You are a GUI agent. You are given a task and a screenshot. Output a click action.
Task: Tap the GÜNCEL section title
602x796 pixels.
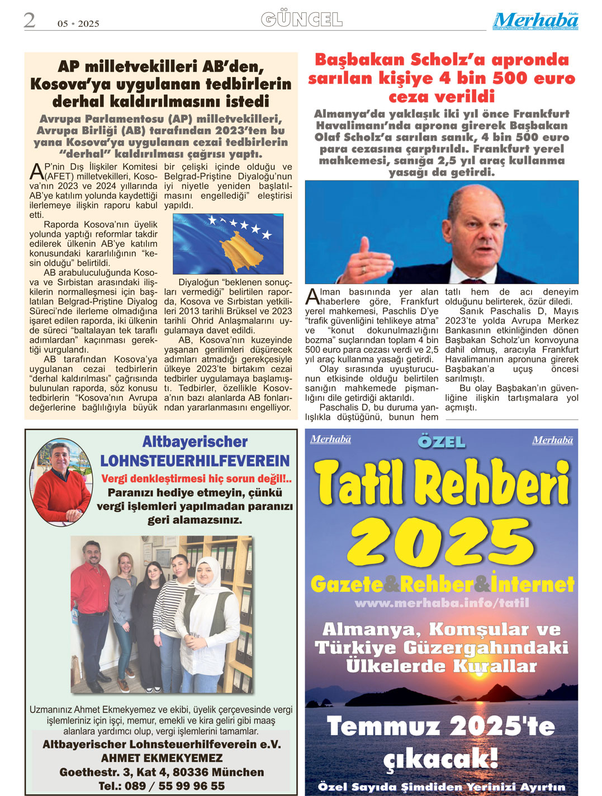302,20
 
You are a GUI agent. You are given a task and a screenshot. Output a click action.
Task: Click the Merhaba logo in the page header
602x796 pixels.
535,21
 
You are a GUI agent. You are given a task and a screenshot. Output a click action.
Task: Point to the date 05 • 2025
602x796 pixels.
78,23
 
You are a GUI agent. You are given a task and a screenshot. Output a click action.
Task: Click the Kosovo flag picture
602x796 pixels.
228,244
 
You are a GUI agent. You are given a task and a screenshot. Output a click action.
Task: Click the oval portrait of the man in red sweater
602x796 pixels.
61,481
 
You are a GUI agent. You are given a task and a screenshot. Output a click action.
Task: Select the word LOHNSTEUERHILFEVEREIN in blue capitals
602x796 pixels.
195,461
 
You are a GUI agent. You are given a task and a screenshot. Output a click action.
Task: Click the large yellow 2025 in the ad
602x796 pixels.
442,542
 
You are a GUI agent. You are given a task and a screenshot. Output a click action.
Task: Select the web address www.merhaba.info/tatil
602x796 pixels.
442,603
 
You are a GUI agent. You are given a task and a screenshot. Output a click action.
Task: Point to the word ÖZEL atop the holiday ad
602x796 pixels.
442,442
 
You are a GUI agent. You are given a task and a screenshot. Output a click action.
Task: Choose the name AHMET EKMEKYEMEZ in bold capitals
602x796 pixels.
162,758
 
